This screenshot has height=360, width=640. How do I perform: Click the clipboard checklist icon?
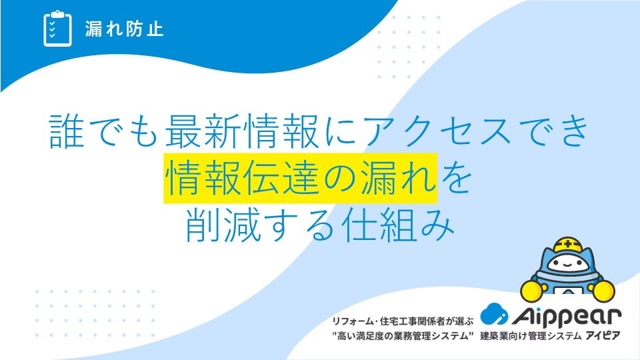click(x=57, y=29)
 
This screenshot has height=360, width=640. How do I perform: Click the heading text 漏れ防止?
click(x=125, y=29)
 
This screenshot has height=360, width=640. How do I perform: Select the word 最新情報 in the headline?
click(x=241, y=131)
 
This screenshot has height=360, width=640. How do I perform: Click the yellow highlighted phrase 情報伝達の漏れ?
click(x=301, y=178)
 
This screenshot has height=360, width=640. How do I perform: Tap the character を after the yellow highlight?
click(x=455, y=178)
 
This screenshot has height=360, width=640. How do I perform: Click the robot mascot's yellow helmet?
click(x=567, y=246)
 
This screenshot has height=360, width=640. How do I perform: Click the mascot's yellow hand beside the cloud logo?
click(x=531, y=291)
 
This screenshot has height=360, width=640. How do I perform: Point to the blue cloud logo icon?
click(x=493, y=314)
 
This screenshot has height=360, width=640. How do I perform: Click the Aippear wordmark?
click(x=567, y=316)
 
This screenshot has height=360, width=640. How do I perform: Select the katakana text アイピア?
click(x=603, y=336)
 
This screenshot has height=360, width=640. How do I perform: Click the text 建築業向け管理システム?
click(x=531, y=336)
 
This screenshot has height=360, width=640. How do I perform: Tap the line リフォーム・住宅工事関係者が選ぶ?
click(x=403, y=321)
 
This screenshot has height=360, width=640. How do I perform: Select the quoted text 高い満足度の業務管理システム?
click(x=403, y=336)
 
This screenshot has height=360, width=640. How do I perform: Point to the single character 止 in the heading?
click(x=155, y=29)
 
